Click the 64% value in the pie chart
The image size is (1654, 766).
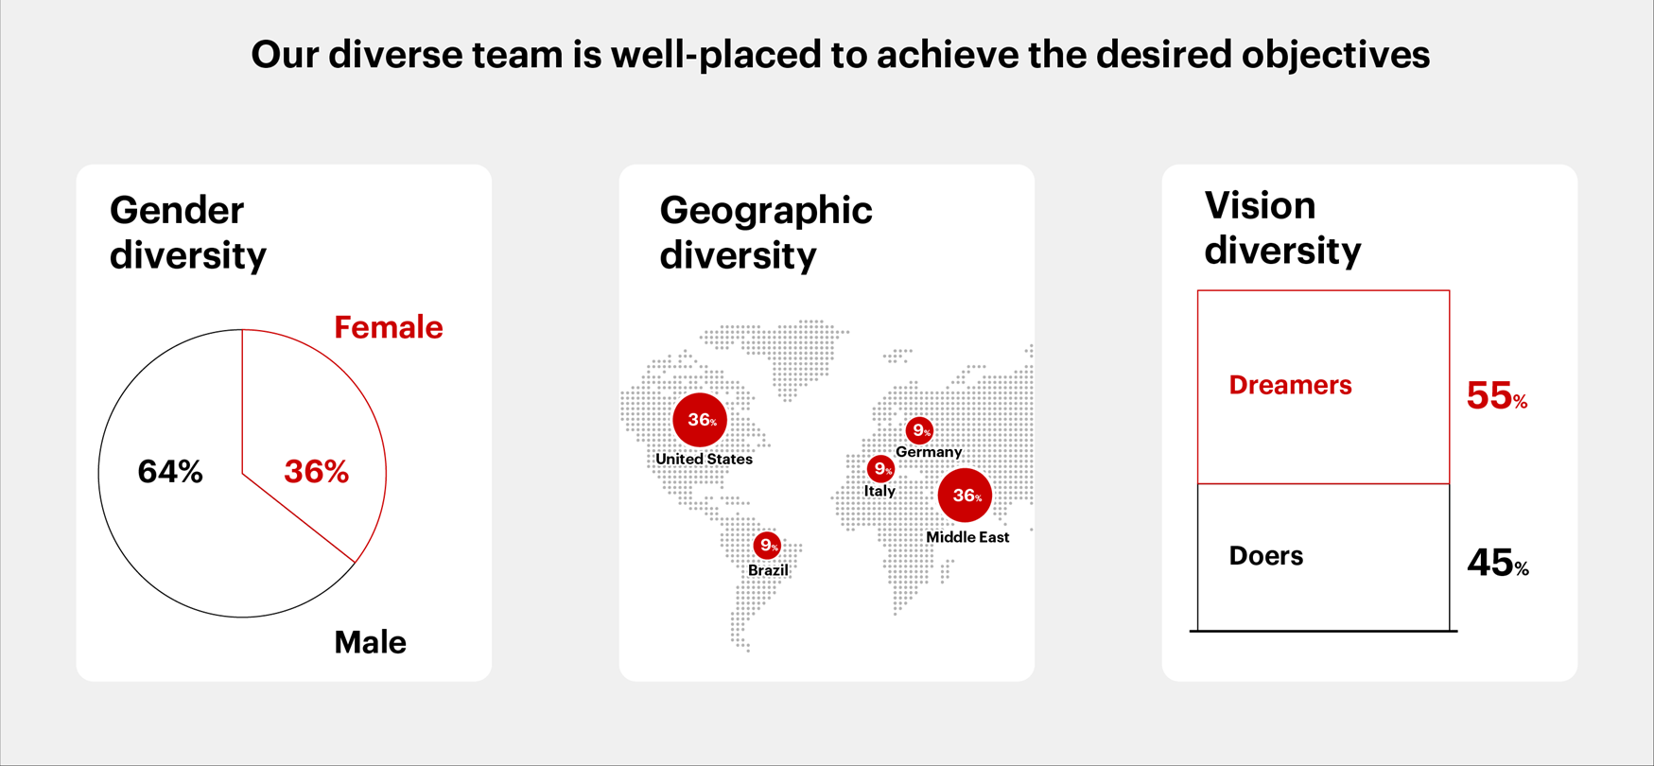pyautogui.click(x=170, y=471)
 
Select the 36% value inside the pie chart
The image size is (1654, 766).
pyautogui.click(x=317, y=471)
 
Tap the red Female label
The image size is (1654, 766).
pyautogui.click(x=389, y=327)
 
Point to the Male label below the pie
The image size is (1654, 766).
pyautogui.click(x=371, y=642)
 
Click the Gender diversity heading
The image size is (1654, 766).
pyautogui.click(x=188, y=233)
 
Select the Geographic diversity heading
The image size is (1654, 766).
pyautogui.click(x=766, y=233)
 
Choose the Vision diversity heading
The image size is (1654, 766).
pyautogui.click(x=1282, y=228)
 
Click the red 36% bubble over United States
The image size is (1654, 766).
pyautogui.click(x=700, y=420)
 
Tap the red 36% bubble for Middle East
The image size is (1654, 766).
pyautogui.click(x=965, y=495)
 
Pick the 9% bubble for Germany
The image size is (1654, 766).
pyautogui.click(x=919, y=431)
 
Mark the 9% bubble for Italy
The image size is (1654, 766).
pyautogui.click(x=880, y=469)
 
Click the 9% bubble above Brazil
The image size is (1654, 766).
pyautogui.click(x=767, y=546)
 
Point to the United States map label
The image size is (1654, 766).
pyautogui.click(x=705, y=459)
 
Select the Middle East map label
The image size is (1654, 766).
pyautogui.click(x=967, y=537)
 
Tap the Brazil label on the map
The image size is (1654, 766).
pyautogui.click(x=768, y=570)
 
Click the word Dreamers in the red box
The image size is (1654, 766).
pyautogui.click(x=1290, y=385)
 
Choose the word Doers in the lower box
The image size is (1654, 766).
pyautogui.click(x=1266, y=556)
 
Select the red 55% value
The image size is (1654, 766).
pyautogui.click(x=1497, y=395)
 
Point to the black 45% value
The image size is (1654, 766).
pyautogui.click(x=1498, y=563)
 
